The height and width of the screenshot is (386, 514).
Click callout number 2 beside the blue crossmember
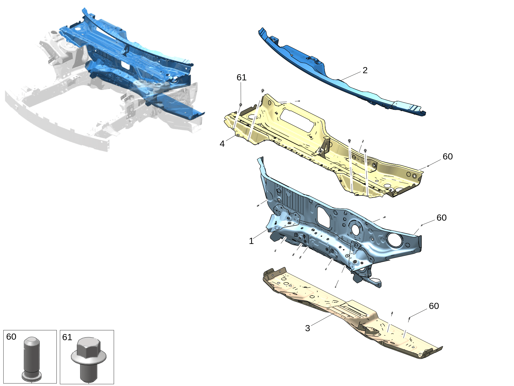365,70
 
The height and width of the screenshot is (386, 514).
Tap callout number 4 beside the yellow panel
222,144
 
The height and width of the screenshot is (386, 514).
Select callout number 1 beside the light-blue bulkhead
251,241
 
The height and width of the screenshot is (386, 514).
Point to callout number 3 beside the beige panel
307,328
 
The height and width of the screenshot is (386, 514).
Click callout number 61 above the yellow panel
241,77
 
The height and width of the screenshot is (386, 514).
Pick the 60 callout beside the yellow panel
448,156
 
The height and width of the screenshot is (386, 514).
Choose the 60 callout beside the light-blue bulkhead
441,218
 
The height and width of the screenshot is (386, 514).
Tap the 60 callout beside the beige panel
434,306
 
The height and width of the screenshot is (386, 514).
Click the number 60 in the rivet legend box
11,337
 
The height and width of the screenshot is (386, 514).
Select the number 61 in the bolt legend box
67,337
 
